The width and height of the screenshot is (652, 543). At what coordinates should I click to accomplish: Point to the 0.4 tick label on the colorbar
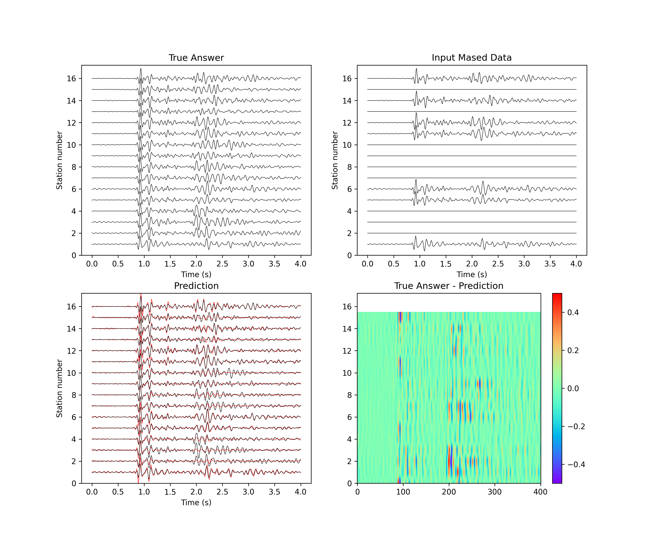click(x=573, y=312)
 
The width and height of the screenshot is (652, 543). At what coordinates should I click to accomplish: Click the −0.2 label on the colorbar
click(x=576, y=427)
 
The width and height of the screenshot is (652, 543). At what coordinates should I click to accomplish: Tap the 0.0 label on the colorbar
click(x=573, y=388)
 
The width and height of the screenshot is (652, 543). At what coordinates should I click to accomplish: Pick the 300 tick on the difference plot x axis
click(x=495, y=492)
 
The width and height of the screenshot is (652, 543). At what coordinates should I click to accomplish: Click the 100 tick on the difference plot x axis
click(x=403, y=492)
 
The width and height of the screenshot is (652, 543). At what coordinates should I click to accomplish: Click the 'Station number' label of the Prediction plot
click(x=59, y=388)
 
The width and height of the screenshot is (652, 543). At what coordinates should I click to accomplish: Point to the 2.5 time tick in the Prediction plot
click(x=222, y=492)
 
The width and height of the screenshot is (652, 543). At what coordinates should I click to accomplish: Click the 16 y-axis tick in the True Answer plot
click(x=71, y=79)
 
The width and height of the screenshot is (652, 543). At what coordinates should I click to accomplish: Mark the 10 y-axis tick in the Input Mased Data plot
click(x=347, y=145)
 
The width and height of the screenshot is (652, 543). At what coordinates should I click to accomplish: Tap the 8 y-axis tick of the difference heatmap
click(x=349, y=395)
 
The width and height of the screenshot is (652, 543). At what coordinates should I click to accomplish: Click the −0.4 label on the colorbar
click(x=576, y=464)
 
